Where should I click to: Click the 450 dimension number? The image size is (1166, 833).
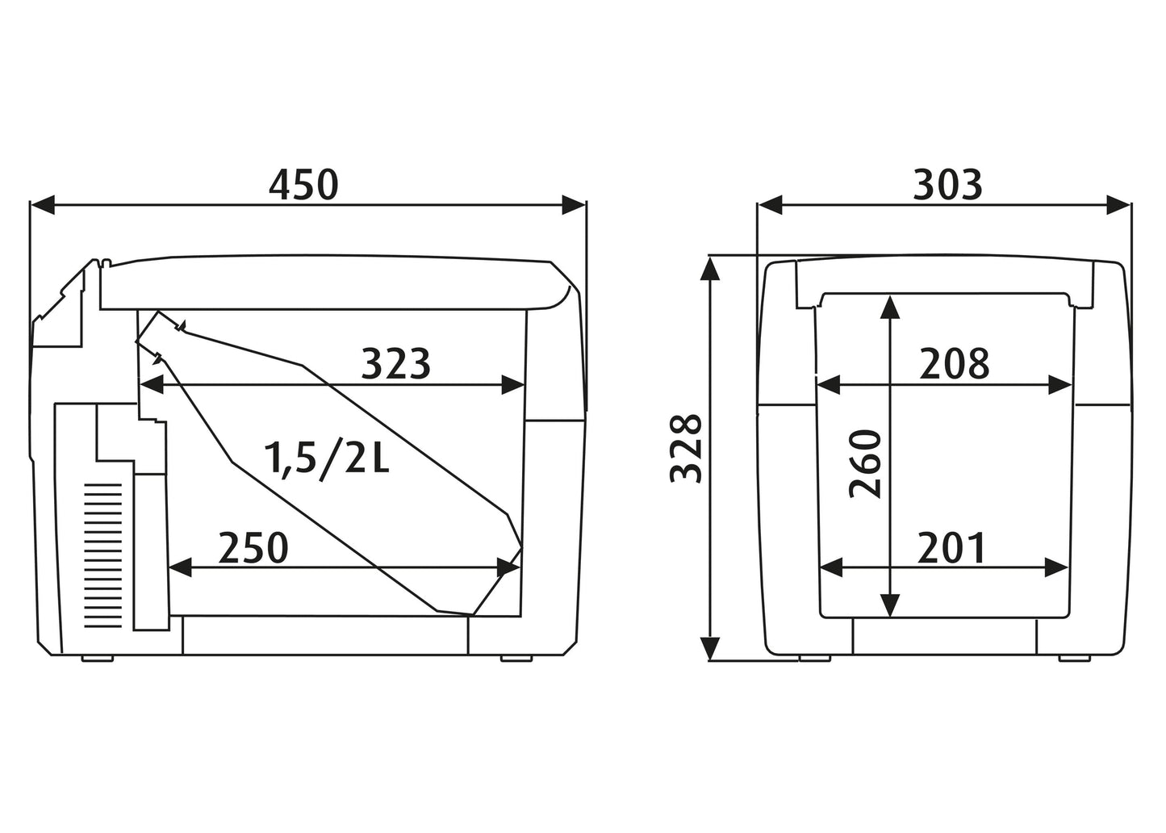click(304, 185)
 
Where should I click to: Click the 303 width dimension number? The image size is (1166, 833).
click(948, 185)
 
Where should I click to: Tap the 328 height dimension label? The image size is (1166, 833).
click(686, 449)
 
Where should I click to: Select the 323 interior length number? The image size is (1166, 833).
click(395, 364)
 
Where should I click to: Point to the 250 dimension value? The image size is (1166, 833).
click(253, 548)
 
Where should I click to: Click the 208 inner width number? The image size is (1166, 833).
click(955, 364)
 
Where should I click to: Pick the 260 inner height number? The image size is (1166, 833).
click(865, 464)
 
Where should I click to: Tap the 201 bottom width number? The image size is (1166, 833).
click(951, 548)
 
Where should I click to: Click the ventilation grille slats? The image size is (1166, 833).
click(102, 555)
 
